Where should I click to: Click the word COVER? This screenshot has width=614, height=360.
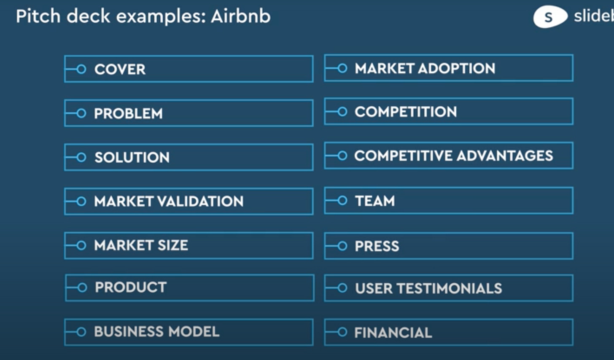(120, 69)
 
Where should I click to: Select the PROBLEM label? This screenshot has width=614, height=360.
(128, 113)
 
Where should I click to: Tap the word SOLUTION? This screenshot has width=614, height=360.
(132, 157)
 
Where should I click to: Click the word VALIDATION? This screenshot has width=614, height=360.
(200, 201)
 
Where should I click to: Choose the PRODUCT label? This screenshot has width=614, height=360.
(131, 287)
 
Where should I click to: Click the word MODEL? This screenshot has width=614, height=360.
(194, 331)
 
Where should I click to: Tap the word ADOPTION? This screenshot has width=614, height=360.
(457, 68)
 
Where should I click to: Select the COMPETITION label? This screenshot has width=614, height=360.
(406, 112)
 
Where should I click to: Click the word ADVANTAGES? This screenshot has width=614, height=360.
(505, 156)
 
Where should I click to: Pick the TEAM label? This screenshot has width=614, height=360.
(375, 201)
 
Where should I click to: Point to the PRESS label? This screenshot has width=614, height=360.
(377, 246)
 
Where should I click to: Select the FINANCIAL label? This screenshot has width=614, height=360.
(393, 333)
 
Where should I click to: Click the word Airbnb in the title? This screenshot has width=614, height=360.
(241, 16)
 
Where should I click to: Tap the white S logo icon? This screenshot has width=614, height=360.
(550, 17)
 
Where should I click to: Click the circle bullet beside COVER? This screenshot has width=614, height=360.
(81, 69)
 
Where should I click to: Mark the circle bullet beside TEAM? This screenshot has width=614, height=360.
(342, 201)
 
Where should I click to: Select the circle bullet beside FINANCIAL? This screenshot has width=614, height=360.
(342, 332)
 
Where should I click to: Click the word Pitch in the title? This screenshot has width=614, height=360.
(38, 16)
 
